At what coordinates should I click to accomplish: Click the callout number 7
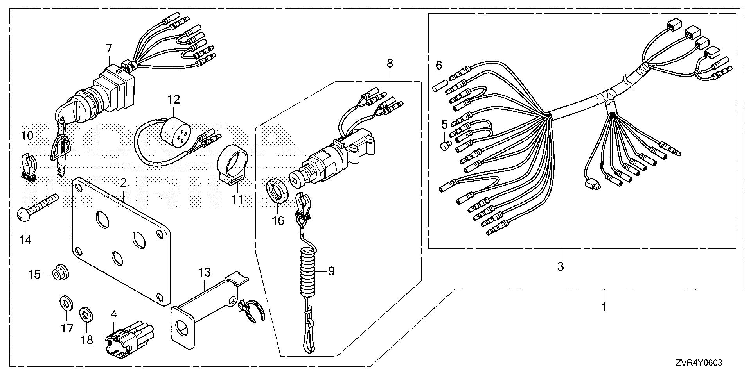pos(109,48)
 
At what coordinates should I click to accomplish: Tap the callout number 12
pos(174,100)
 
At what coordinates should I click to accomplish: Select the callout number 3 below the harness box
pos(561,267)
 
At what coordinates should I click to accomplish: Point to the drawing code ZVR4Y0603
pos(698,363)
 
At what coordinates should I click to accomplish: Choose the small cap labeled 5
pos(446,146)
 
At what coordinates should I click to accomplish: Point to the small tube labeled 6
pos(438,86)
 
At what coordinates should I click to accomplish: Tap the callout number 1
pos(604,307)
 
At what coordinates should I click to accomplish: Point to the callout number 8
pos(390,63)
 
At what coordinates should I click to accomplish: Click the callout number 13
pos(205,272)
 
